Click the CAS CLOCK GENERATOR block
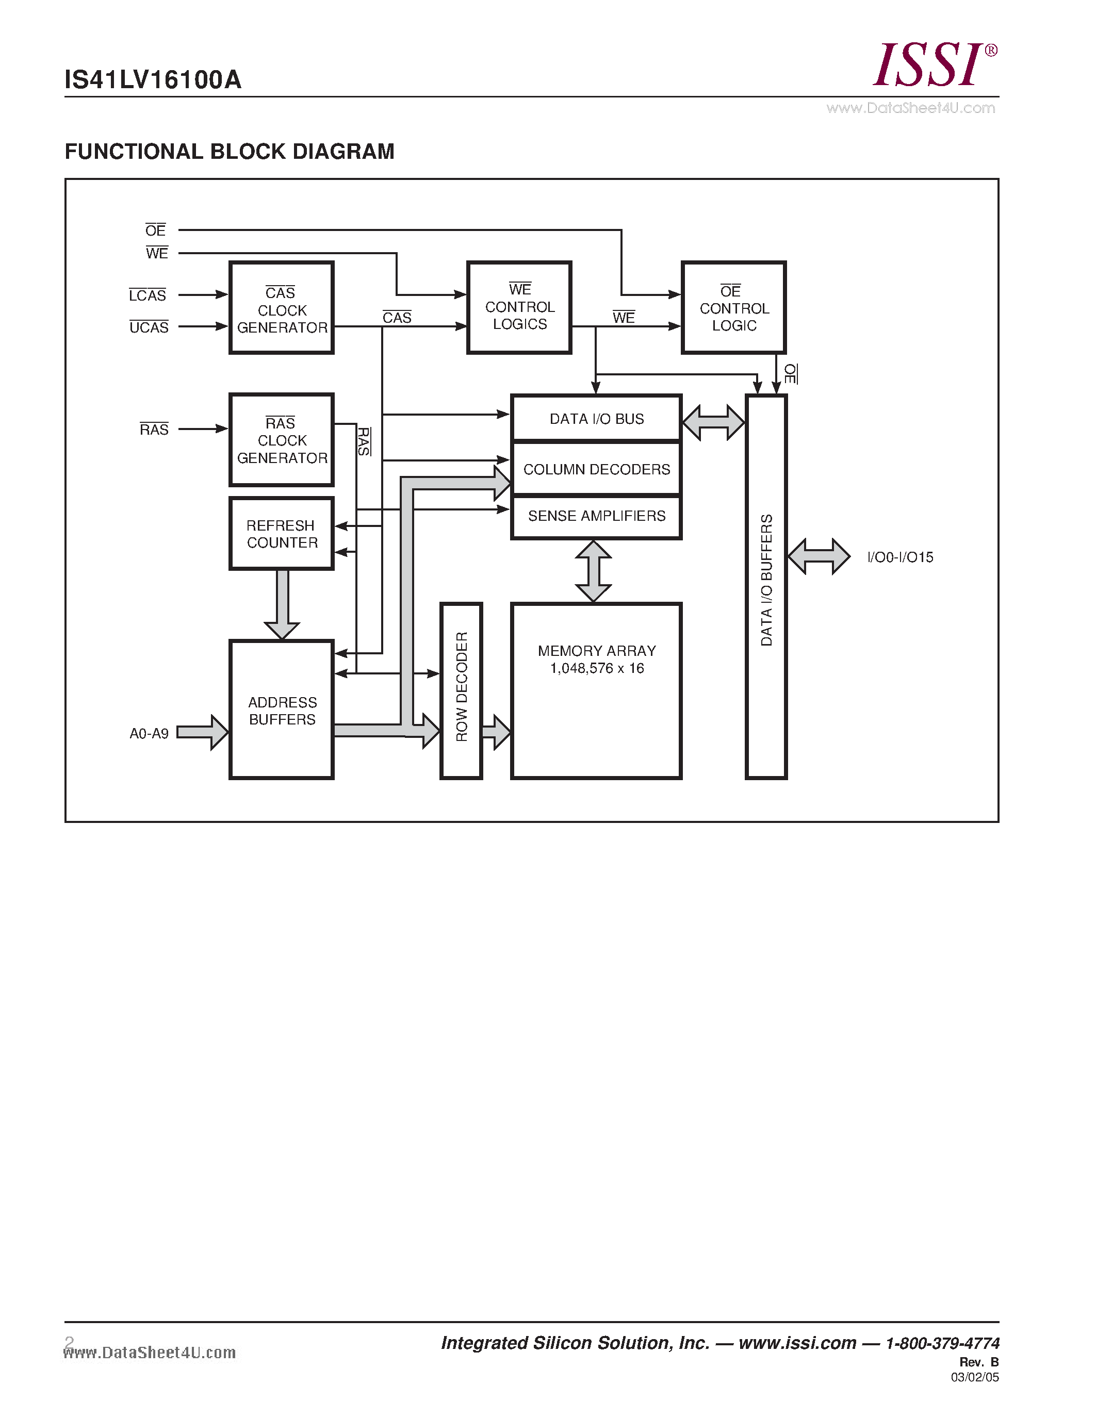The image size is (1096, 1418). click(x=281, y=308)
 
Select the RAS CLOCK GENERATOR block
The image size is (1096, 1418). click(x=281, y=439)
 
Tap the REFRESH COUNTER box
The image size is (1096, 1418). click(x=281, y=534)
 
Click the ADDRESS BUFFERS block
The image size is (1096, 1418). click(x=281, y=710)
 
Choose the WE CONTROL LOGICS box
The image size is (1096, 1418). click(x=519, y=307)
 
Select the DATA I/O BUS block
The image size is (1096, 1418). click(x=596, y=419)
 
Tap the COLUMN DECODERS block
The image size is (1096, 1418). click(x=596, y=469)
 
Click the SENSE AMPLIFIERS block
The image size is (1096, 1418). click(x=596, y=516)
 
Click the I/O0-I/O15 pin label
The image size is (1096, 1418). click(x=900, y=557)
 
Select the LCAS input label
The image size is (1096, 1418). click(x=148, y=295)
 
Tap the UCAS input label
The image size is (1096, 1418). click(x=149, y=327)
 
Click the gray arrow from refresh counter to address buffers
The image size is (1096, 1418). click(x=282, y=604)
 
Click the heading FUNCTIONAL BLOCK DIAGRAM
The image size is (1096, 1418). click(x=229, y=151)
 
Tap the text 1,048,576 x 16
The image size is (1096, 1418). click(x=596, y=668)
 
